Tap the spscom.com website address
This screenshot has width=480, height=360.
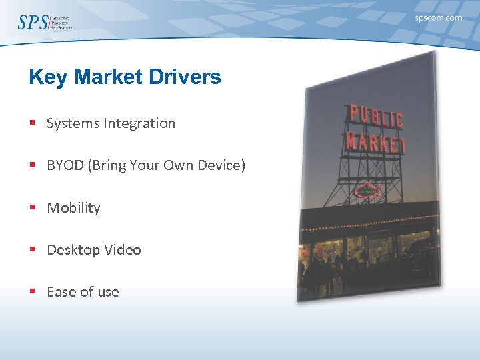pos(438,18)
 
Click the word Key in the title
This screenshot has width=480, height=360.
pos(49,77)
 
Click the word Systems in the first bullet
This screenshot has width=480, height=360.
pos(71,123)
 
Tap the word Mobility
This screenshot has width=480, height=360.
pos(73,208)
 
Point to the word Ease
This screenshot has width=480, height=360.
pos(61,292)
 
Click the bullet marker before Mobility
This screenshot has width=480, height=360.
pos(32,208)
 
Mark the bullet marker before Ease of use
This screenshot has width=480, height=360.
pos(32,292)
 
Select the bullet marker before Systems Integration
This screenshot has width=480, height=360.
pos(32,123)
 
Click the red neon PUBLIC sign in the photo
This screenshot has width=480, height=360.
pos(376,117)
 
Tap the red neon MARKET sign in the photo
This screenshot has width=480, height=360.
pos(376,141)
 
